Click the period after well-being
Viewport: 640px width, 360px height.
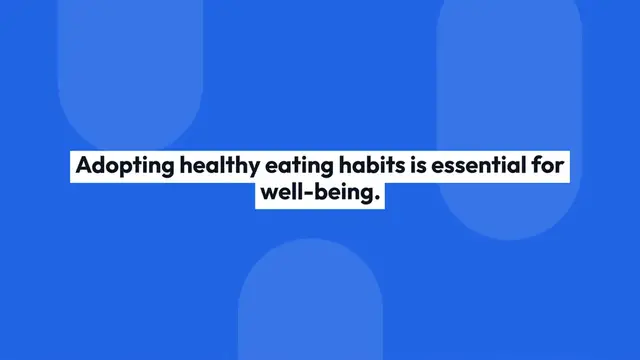379,200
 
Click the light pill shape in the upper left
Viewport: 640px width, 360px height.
130,70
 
